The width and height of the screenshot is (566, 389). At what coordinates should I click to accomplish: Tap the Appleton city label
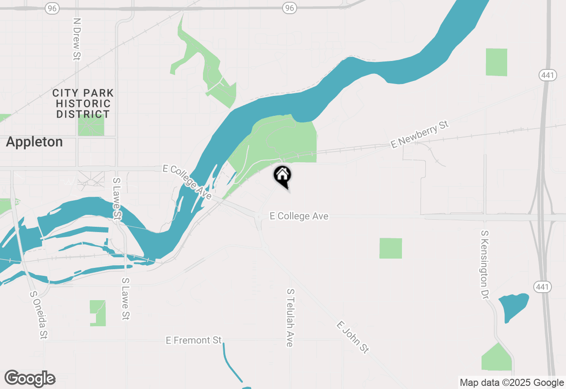[34, 142]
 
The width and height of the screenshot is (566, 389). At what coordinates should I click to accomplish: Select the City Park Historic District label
[83, 103]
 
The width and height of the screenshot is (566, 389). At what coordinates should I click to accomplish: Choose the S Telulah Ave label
[290, 317]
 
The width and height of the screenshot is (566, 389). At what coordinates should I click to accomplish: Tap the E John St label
[352, 337]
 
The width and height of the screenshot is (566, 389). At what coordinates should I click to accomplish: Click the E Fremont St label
[194, 340]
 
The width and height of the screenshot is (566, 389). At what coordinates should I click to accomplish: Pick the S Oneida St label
[38, 314]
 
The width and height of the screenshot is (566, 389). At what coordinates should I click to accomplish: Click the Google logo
[30, 379]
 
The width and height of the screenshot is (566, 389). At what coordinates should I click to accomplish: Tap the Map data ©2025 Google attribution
[512, 383]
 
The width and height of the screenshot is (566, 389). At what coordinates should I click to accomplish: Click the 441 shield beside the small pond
[542, 287]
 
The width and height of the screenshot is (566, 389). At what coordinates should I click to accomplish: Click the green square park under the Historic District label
[91, 126]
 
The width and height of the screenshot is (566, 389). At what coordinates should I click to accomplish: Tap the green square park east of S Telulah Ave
[391, 248]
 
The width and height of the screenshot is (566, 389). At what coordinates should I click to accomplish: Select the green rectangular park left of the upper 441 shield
[496, 62]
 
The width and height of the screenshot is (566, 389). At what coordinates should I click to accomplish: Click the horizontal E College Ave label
[299, 216]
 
